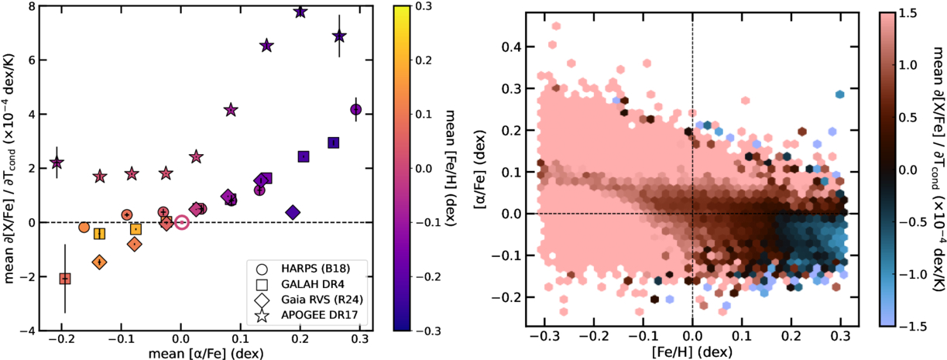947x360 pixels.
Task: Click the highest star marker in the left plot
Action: coord(300,12)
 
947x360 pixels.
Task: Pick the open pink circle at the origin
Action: coord(181,222)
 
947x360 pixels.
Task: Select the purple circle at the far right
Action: coord(355,110)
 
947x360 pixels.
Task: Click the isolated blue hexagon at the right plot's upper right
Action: coord(839,94)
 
